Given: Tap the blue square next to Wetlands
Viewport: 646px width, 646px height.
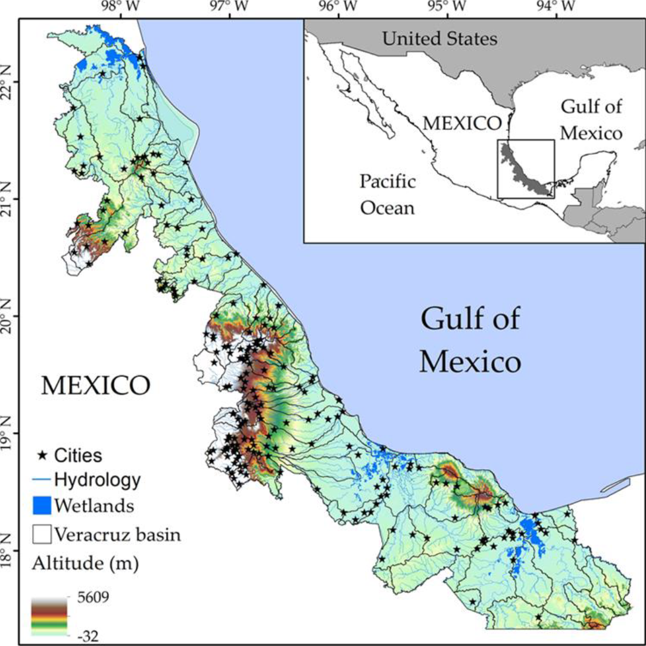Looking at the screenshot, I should (x=42, y=507).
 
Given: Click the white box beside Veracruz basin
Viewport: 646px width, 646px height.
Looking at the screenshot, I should (x=42, y=534).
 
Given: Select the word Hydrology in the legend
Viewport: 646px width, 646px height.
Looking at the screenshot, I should (x=97, y=479).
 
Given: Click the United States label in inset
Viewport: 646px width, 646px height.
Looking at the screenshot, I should (x=439, y=39).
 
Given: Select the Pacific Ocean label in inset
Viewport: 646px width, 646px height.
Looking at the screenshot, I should (x=388, y=195).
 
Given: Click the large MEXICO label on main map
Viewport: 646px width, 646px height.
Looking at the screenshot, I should (x=95, y=386).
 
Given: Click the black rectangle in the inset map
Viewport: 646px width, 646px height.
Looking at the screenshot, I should (x=526, y=169).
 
